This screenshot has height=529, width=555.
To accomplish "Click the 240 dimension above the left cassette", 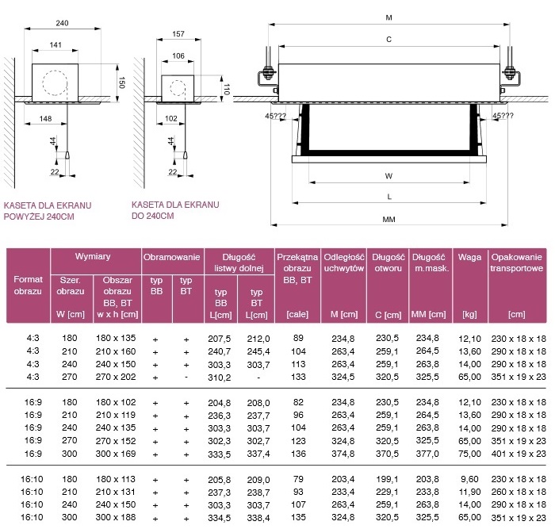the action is click(x=62, y=23).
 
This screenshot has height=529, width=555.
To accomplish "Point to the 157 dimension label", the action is click(x=178, y=34).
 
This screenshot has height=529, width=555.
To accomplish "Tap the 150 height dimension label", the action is click(x=121, y=82).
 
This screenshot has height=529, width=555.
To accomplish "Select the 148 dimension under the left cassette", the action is click(x=46, y=119).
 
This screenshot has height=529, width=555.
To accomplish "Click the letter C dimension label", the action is click(x=388, y=40).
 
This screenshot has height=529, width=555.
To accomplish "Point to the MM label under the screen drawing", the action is click(x=388, y=220).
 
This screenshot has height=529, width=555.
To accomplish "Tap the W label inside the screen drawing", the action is click(x=388, y=176).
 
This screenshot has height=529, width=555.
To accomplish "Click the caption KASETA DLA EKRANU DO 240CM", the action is click(x=175, y=210).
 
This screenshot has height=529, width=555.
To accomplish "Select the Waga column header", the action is click(x=469, y=257).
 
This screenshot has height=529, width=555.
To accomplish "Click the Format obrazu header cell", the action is click(x=28, y=285).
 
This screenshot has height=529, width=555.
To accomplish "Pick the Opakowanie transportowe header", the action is click(x=516, y=263).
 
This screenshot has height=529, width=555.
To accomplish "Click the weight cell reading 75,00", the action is click(x=469, y=454).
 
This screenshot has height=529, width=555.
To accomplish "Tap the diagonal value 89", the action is click(x=298, y=338).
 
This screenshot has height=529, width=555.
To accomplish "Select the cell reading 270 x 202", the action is click(x=116, y=377).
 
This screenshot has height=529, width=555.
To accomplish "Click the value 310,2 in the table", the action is click(x=219, y=378).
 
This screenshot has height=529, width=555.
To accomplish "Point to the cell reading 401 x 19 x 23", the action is click(x=519, y=454).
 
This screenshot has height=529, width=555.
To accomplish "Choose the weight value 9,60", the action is click(x=469, y=479).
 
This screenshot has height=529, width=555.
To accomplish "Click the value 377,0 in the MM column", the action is click(x=427, y=454).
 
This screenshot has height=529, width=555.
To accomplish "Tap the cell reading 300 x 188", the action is click(x=116, y=517).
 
